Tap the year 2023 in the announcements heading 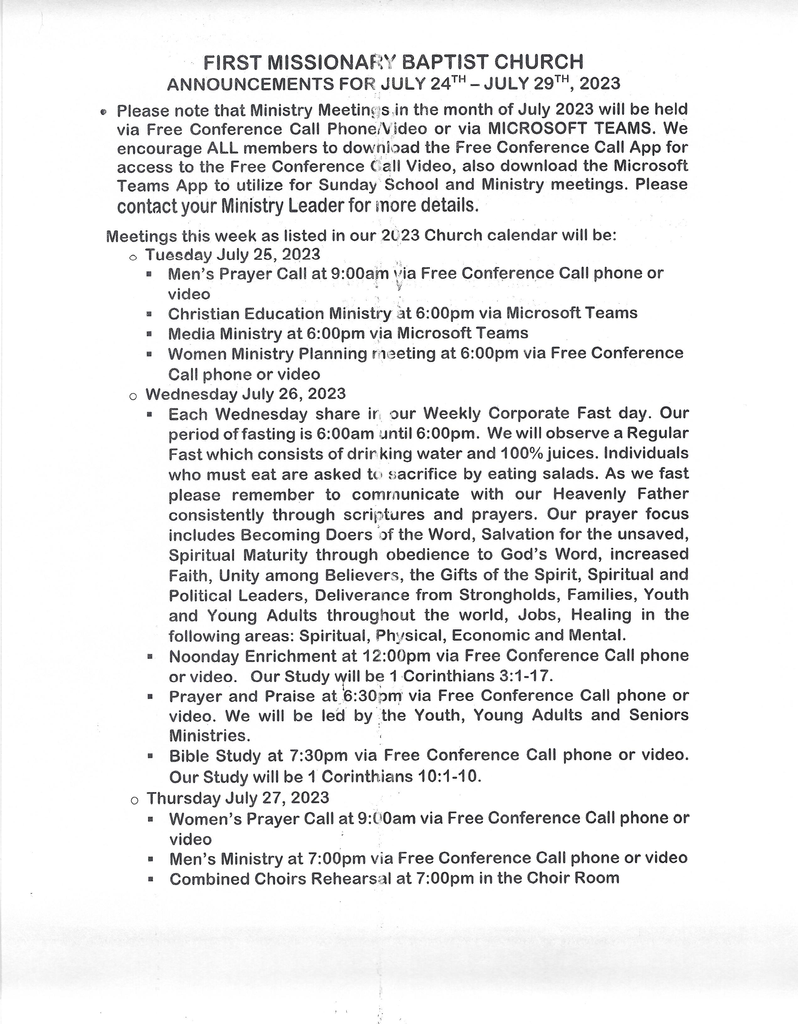point(600,84)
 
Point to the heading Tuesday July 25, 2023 point(232,255)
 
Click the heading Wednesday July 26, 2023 point(245,394)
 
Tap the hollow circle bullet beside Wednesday point(133,397)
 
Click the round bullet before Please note point(104,112)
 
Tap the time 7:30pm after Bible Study point(319,756)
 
